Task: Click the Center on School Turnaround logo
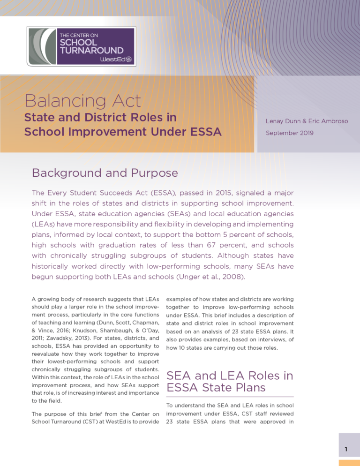(82, 46)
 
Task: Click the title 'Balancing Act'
(83, 100)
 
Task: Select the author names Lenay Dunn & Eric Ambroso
(307, 121)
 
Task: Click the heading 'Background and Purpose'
(105, 173)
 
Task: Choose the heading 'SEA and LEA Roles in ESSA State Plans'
(230, 382)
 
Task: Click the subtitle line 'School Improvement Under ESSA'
(123, 132)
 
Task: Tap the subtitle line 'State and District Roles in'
(103, 117)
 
